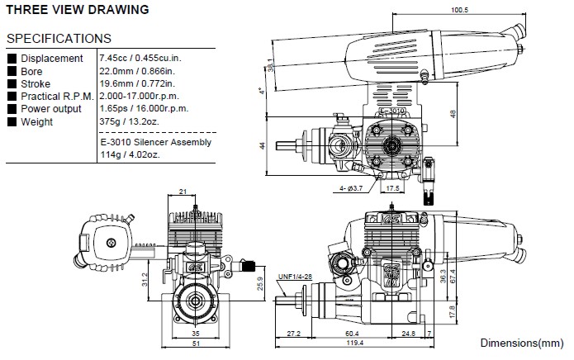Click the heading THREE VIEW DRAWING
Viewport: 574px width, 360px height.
[x=78, y=11]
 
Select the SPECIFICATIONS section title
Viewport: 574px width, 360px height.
[x=59, y=38]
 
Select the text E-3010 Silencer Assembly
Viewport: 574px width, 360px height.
[x=154, y=142]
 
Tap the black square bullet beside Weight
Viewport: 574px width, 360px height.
[x=12, y=122]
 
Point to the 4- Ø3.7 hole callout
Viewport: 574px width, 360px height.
[x=351, y=189]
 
